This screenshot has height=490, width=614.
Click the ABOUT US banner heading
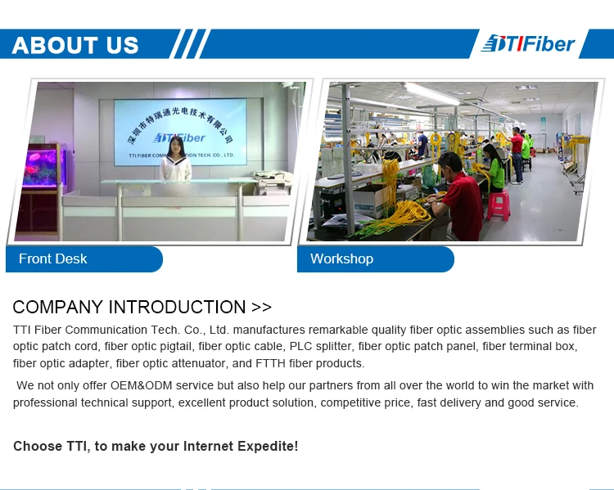[x=75, y=45]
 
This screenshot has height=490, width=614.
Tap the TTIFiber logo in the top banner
[x=529, y=43]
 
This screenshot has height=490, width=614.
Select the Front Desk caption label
[x=53, y=258]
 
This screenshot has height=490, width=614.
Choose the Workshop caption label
[x=342, y=258]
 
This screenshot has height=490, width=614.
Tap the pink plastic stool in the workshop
[x=499, y=205]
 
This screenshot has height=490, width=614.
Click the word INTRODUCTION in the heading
[x=178, y=307]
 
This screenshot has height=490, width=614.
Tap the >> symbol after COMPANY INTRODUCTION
[x=262, y=308]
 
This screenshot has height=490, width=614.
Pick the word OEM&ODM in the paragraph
[x=142, y=385]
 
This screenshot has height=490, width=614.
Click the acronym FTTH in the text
[x=270, y=363]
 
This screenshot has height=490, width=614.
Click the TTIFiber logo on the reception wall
[x=179, y=137]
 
